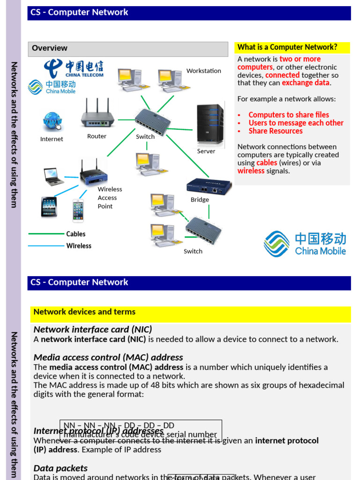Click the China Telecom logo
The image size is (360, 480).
coord(74,68)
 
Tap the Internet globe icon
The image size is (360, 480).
coord(52,121)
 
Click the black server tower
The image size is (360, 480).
coord(210,124)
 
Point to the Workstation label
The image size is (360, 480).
coord(203,71)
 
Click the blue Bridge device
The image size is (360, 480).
coord(209,186)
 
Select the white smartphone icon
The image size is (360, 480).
coord(78,210)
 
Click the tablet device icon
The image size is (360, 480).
coord(49,207)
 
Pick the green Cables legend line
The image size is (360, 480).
coord(46,234)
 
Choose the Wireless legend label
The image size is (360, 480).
coord(79,246)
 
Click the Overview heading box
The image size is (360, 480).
coord(121,48)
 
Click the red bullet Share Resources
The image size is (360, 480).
coord(275,131)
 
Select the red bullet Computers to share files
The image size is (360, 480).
coord(288,115)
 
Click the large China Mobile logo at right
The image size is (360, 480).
coord(305,244)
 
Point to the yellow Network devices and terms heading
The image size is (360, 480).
coord(84,312)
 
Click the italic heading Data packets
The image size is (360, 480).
coord(60,468)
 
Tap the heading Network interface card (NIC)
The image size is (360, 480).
coord(93,330)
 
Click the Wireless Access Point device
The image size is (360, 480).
coord(93,172)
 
